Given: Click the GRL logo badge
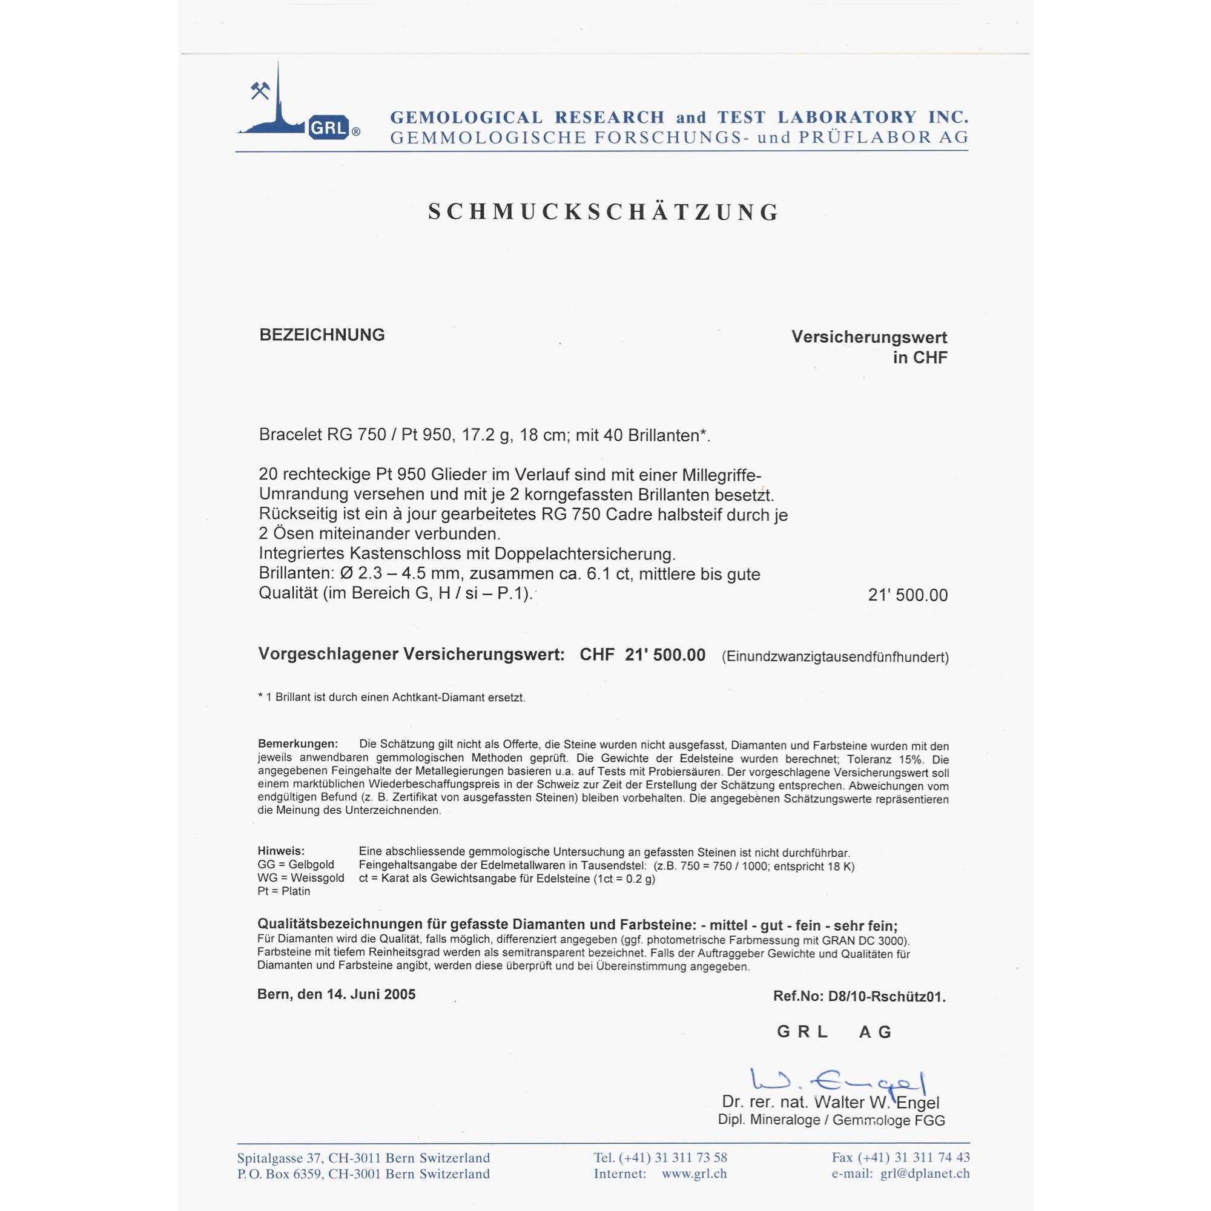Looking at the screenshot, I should pyautogui.click(x=328, y=128).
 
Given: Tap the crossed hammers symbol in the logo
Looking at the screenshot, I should pyautogui.click(x=260, y=91).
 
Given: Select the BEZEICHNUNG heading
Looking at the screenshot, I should pyautogui.click(x=322, y=335).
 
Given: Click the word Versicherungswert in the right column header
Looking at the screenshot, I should pyautogui.click(x=869, y=337).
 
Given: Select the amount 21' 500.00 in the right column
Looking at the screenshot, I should pyautogui.click(x=908, y=595).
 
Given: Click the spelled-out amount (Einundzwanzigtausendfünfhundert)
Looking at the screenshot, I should pyautogui.click(x=835, y=657).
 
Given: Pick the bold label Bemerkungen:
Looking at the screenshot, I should pyautogui.click(x=298, y=744).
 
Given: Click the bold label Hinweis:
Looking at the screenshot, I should pyautogui.click(x=282, y=851).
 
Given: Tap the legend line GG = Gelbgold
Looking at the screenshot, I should pyautogui.click(x=296, y=865).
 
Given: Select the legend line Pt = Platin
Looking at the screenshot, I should pyautogui.click(x=284, y=891).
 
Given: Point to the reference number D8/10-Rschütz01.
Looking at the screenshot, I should pyautogui.click(x=887, y=997).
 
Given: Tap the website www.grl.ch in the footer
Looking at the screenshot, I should pyautogui.click(x=695, y=1174).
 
